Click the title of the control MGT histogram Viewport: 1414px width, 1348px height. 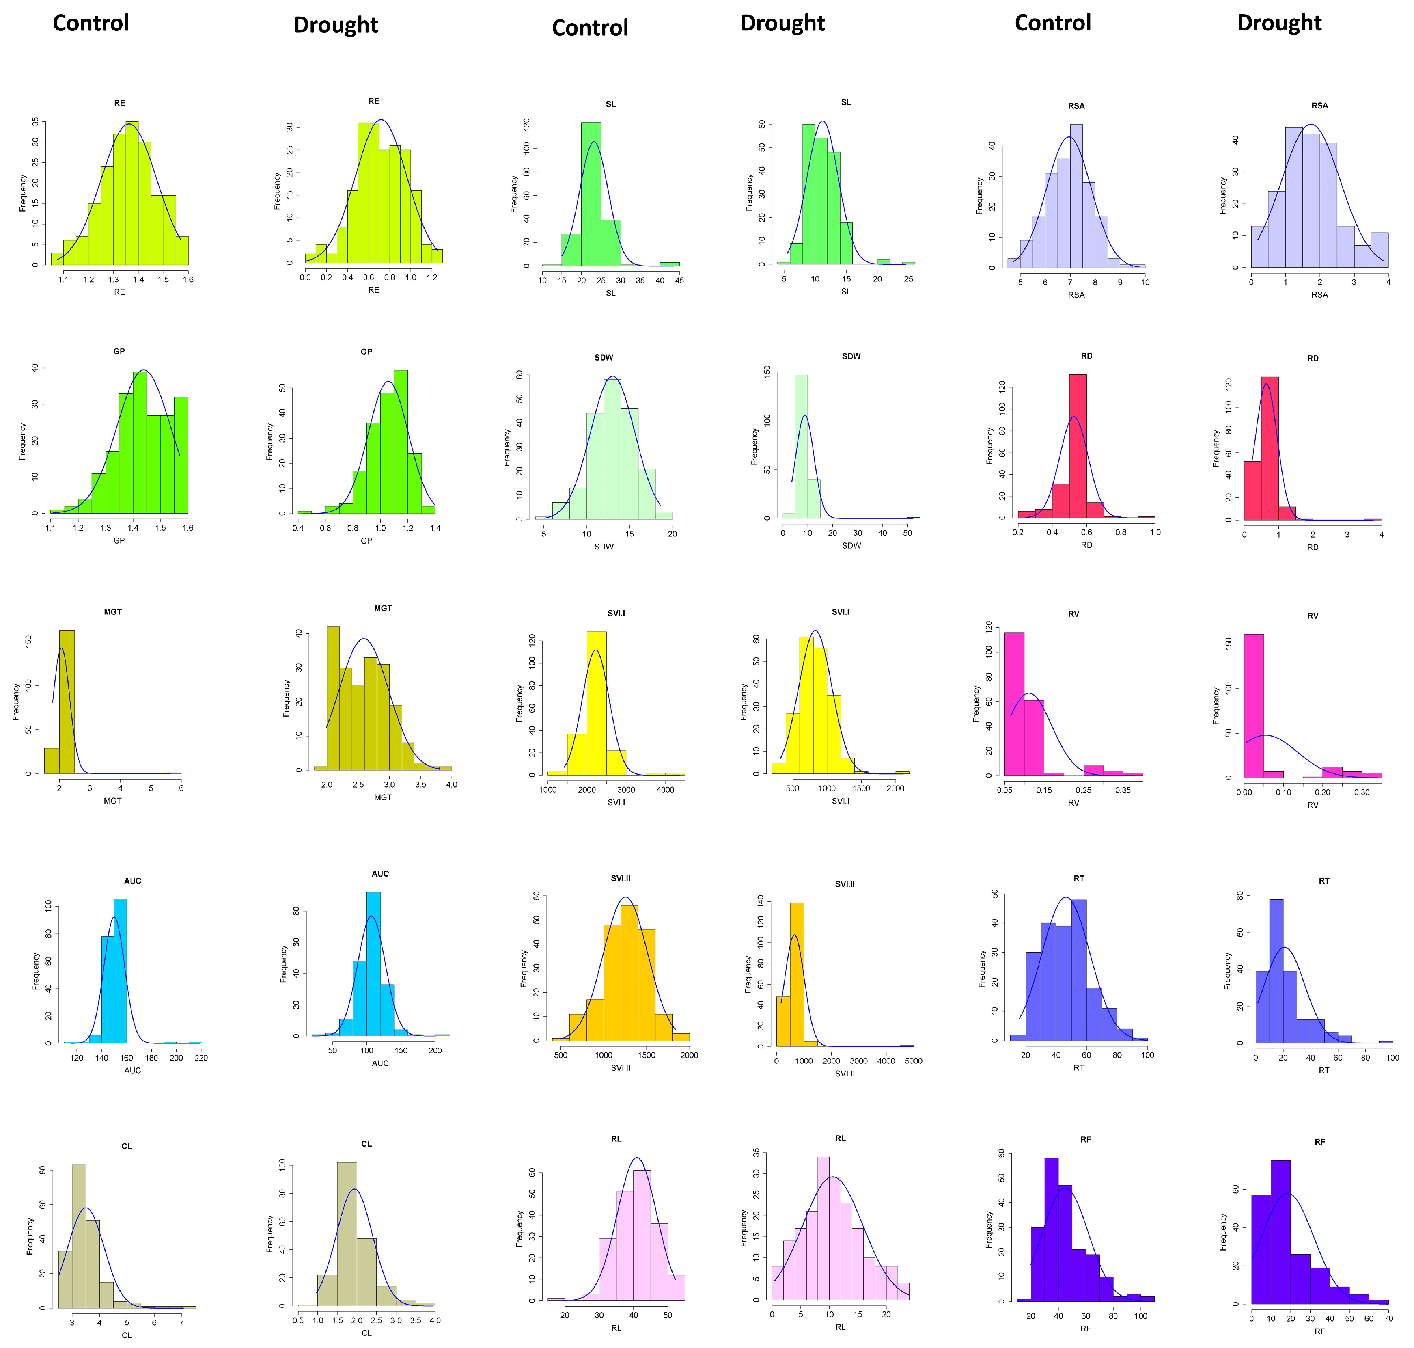click(113, 611)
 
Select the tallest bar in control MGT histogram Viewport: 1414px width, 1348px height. click(67, 700)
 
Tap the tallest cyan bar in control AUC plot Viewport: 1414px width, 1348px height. click(120, 970)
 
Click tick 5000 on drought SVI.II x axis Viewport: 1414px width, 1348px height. click(914, 1061)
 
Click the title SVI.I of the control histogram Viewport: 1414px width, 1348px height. click(616, 613)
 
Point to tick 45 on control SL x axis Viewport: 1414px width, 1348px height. click(679, 280)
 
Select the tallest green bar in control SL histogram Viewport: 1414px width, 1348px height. click(591, 194)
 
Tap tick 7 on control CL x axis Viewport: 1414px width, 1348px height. click(182, 1322)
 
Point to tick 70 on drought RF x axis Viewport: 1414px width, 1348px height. click(1388, 1318)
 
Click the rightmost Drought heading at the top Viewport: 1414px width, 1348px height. click(1278, 23)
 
